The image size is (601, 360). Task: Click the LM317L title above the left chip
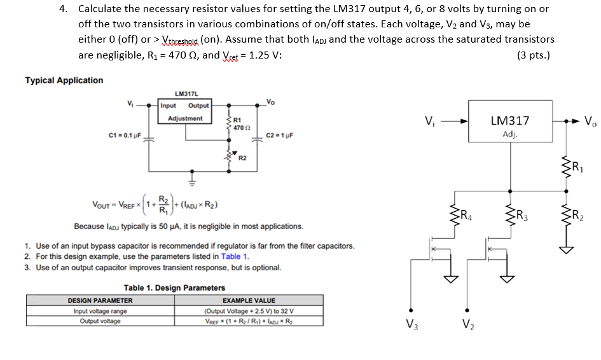pos(184,93)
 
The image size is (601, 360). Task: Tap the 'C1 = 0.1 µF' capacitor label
pos(124,135)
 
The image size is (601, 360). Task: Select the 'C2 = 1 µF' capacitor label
pos(279,135)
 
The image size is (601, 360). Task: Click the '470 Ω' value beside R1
pos(240,128)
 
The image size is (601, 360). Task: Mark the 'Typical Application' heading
pos(64,80)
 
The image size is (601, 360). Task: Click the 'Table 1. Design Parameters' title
pos(175,287)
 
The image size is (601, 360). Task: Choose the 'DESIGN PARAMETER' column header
pos(100,300)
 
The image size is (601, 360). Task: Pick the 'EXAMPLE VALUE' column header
pos(249,300)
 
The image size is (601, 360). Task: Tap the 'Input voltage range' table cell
pos(100,311)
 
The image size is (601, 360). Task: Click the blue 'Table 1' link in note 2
pos(235,256)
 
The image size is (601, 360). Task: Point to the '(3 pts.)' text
pos(534,55)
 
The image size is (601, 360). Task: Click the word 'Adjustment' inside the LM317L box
pos(185,118)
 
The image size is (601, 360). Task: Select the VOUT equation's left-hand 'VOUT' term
pos(104,205)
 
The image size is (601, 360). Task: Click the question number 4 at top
pos(64,9)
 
